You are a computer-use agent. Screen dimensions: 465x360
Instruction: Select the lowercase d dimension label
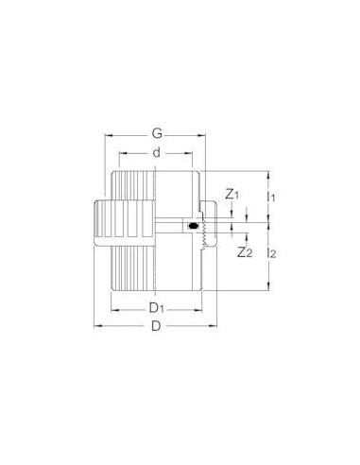(156, 152)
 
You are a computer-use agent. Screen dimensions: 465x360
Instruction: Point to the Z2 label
(245, 252)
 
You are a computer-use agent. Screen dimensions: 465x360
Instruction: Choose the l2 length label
(273, 252)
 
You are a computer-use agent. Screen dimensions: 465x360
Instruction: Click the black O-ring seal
(193, 227)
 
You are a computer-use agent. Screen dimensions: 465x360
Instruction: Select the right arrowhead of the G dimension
(219, 136)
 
